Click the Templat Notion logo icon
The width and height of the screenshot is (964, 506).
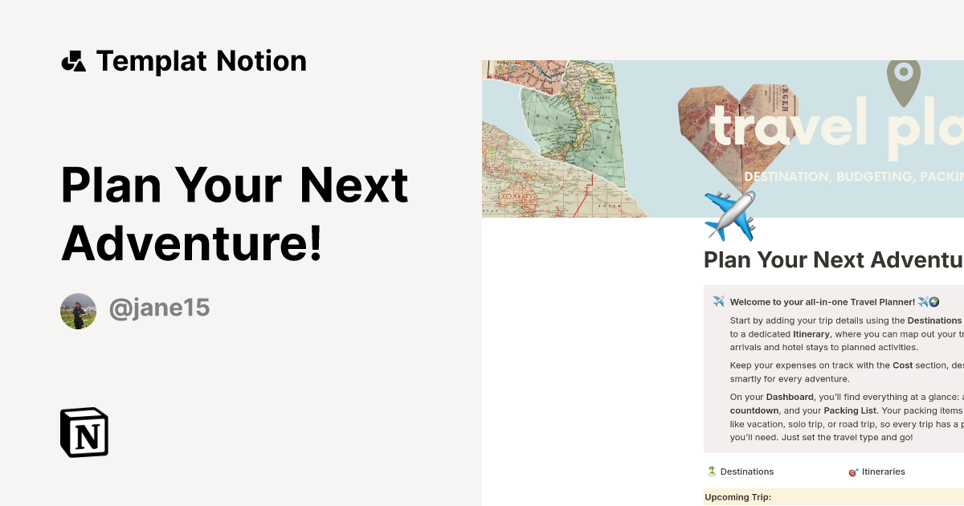[73, 61]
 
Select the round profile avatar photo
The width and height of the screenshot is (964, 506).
[78, 311]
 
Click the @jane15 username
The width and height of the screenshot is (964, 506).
[159, 308]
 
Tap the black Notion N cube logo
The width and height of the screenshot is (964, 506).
[84, 432]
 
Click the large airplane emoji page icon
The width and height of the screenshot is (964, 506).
[730, 215]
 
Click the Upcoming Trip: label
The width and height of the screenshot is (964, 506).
[737, 497]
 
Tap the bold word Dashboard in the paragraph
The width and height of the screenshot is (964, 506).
[789, 397]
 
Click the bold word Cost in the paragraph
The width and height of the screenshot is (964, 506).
[902, 365]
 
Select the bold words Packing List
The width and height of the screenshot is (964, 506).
[852, 410]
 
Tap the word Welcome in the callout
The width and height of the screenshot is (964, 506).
[754, 302]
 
